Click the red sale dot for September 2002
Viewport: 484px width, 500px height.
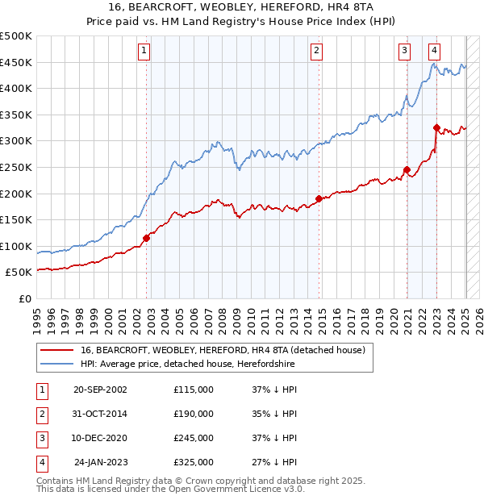coord(147,238)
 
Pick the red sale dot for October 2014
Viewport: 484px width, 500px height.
coord(319,198)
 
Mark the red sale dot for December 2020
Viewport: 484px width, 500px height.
coord(407,169)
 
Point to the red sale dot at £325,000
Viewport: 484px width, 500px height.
coord(436,127)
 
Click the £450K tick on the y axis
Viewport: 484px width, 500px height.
coord(16,62)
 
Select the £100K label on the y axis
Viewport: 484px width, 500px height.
coord(16,246)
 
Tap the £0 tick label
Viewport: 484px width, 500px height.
coord(24,298)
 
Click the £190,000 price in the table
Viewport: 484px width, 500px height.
coord(194,414)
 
